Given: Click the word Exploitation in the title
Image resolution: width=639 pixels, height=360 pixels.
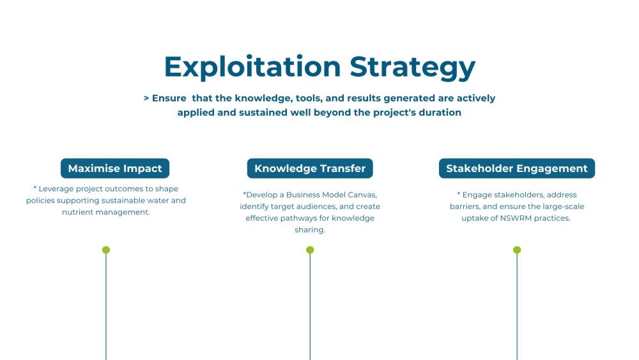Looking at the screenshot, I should pos(252,67).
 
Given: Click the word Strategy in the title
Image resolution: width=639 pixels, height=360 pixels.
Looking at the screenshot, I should pos(412,67).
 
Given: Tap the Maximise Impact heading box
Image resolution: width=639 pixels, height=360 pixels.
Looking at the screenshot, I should pos(115,169).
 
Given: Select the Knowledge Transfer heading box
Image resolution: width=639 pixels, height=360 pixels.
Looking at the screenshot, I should pos(310,169).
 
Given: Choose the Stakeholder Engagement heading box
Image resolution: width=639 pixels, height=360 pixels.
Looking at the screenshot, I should pos(516,169).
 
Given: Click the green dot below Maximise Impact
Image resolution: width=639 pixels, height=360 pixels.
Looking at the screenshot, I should pos(106,250).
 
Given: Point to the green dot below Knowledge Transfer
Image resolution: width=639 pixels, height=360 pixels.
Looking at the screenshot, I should pos(310,250).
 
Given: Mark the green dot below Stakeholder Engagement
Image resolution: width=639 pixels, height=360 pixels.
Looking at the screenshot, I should pos(517,250).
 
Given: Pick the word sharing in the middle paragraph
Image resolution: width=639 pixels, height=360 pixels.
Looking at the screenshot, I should pos(310,230).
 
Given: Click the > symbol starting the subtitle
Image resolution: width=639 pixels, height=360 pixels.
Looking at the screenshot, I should pos(146,98).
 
